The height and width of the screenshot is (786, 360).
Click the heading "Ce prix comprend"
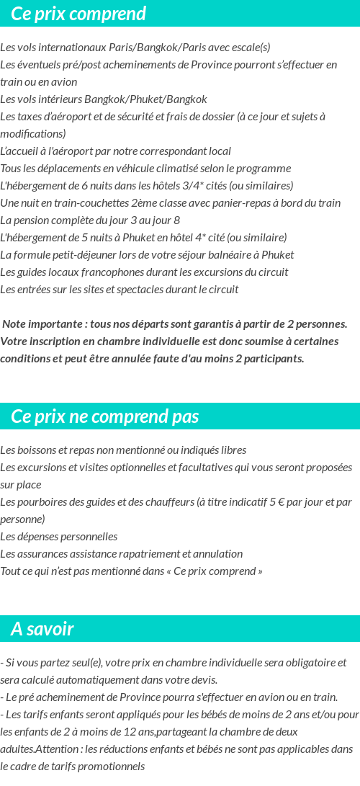pyautogui.click(x=78, y=14)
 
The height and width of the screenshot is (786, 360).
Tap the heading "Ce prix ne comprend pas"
pyautogui.click(x=105, y=416)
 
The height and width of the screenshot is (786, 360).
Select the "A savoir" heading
pyautogui.click(x=42, y=629)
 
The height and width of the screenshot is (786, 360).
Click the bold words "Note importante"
pyautogui.click(x=40, y=324)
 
